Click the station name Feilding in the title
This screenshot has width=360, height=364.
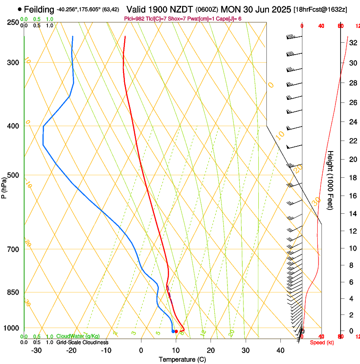click(x=39, y=9)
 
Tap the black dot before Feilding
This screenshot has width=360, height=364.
click(x=19, y=9)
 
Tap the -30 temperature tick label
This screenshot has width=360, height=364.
click(x=36, y=350)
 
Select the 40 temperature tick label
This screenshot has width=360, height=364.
click(x=280, y=350)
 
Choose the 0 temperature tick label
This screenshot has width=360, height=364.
click(x=141, y=350)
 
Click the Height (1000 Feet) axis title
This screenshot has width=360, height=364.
click(x=331, y=180)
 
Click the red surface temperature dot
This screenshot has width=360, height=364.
click(x=177, y=331)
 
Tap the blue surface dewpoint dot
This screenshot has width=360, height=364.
click(x=173, y=331)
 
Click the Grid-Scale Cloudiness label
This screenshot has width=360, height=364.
click(x=82, y=342)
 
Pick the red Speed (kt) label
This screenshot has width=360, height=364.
click(x=322, y=342)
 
